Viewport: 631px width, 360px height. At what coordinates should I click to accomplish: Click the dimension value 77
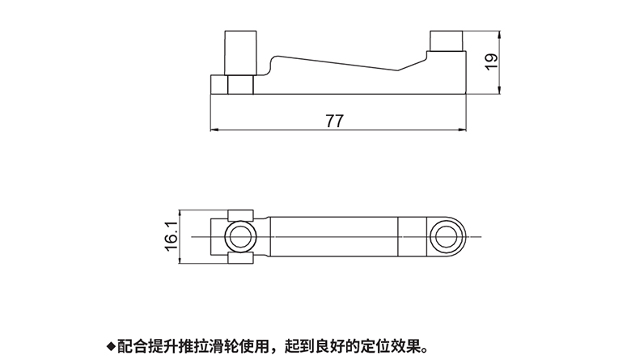pyautogui.click(x=335, y=121)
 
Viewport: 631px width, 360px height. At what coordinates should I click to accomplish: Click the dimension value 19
pyautogui.click(x=490, y=62)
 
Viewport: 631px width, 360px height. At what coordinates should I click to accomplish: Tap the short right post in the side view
pyautogui.click(x=446, y=41)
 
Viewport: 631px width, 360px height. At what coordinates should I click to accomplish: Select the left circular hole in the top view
pyautogui.click(x=239, y=237)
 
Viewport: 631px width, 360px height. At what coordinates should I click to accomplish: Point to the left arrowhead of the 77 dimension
pyautogui.click(x=214, y=130)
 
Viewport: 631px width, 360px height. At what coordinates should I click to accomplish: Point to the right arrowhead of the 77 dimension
pyautogui.click(x=467, y=130)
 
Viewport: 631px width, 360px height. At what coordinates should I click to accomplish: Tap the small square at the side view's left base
pyautogui.click(x=219, y=84)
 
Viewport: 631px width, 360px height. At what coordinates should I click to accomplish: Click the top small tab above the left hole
pyautogui.click(x=239, y=214)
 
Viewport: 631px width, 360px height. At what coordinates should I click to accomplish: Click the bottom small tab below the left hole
pyautogui.click(x=239, y=259)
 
